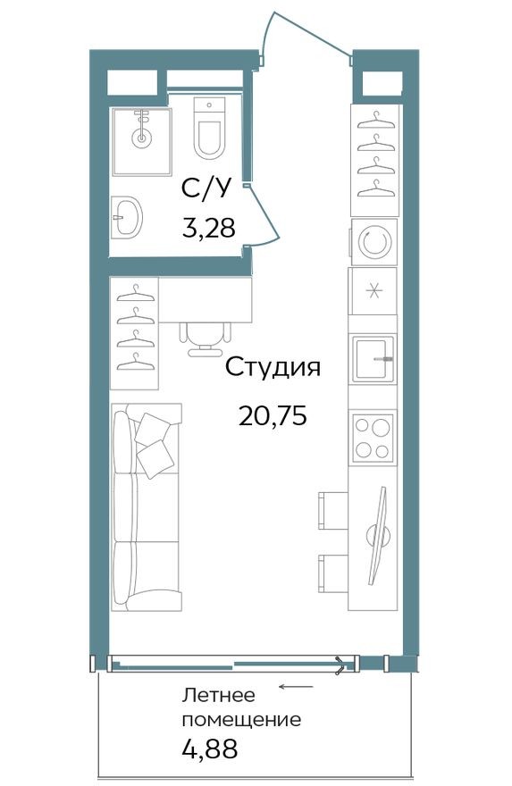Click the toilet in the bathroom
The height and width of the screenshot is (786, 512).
[x=209, y=130]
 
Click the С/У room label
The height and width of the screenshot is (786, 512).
[x=206, y=188]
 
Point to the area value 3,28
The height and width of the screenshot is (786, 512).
[x=208, y=229]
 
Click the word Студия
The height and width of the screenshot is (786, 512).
[x=272, y=367]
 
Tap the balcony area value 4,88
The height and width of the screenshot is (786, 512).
[x=210, y=747]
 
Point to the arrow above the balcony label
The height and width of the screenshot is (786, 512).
[x=296, y=687]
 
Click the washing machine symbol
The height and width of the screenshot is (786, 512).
[x=373, y=241]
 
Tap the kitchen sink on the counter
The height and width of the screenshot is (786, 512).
[x=373, y=359]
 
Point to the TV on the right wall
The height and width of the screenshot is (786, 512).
[x=379, y=533]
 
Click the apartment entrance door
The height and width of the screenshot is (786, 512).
[x=304, y=36]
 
